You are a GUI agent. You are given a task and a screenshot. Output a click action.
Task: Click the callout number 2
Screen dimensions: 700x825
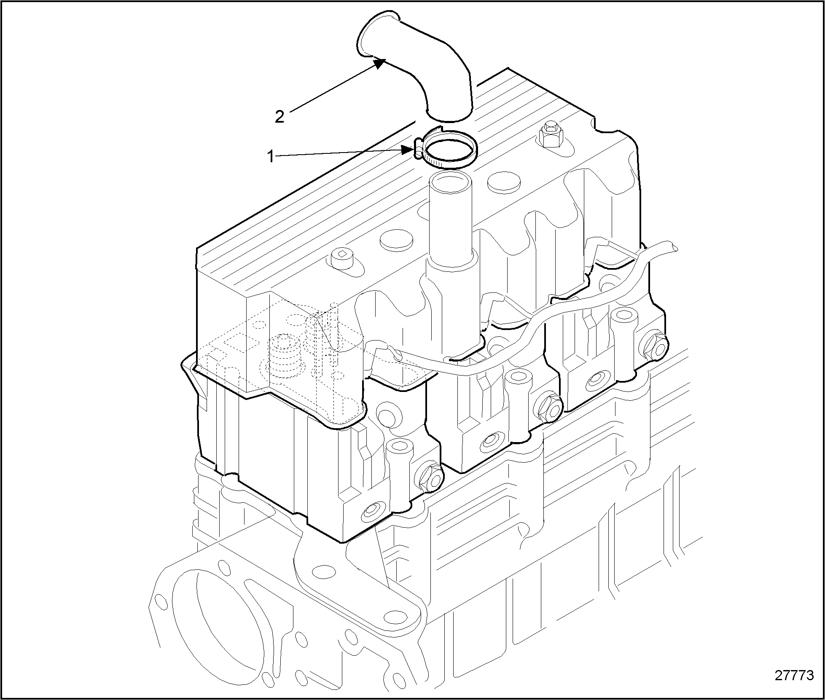[279, 117]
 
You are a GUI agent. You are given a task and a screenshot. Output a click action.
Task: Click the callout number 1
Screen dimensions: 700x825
[271, 157]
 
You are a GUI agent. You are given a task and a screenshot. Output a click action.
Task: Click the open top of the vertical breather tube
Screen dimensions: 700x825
[450, 185]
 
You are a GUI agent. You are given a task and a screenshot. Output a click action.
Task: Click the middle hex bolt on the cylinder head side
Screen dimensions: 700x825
[550, 408]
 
